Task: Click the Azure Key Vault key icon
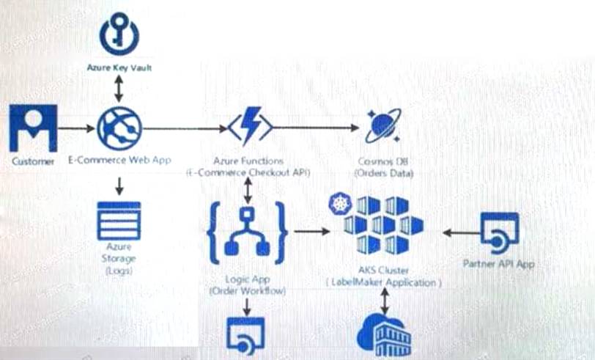click(119, 35)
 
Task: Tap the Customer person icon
click(33, 128)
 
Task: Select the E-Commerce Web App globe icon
click(118, 128)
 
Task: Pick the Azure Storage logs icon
click(119, 221)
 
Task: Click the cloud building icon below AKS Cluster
click(383, 336)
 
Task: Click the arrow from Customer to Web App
click(76, 128)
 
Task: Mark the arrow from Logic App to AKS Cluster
click(310, 232)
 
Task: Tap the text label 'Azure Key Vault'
click(119, 68)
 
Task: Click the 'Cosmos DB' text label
click(383, 161)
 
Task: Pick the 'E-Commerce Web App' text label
click(119, 160)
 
